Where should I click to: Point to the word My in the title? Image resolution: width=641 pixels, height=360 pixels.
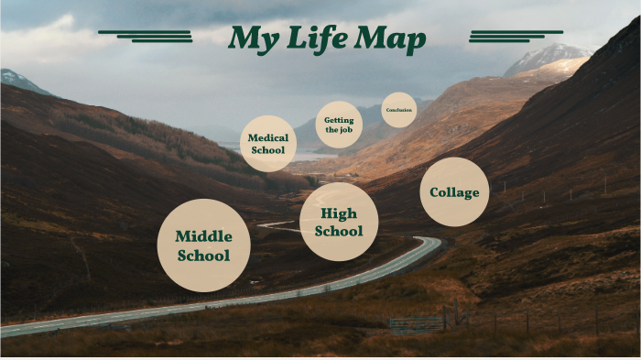[x=253, y=39]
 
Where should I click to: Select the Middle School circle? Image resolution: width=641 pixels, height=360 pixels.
[x=204, y=245]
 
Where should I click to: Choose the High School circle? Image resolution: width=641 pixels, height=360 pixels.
[x=339, y=222]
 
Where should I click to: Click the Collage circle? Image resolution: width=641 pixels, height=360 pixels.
[x=454, y=191]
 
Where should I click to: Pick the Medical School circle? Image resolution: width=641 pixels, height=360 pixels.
[x=268, y=145]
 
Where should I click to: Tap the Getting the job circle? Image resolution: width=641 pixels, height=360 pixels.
[x=339, y=125]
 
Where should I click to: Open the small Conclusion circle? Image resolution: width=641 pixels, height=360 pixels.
[x=399, y=110]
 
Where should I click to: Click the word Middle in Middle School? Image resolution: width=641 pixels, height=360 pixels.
[x=204, y=236]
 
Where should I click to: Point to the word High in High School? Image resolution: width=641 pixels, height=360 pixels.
[x=339, y=213]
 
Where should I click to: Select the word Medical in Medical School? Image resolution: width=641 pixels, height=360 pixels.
[x=268, y=138]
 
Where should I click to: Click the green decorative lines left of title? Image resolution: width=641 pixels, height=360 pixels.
[x=147, y=36]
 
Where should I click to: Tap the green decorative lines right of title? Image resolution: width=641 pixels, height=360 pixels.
[x=503, y=36]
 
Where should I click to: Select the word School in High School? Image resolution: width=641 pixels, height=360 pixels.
[x=339, y=231]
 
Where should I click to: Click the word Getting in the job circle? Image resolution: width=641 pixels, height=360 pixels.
[x=339, y=119]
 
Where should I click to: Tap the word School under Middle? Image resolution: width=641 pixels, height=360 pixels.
[x=204, y=256]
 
